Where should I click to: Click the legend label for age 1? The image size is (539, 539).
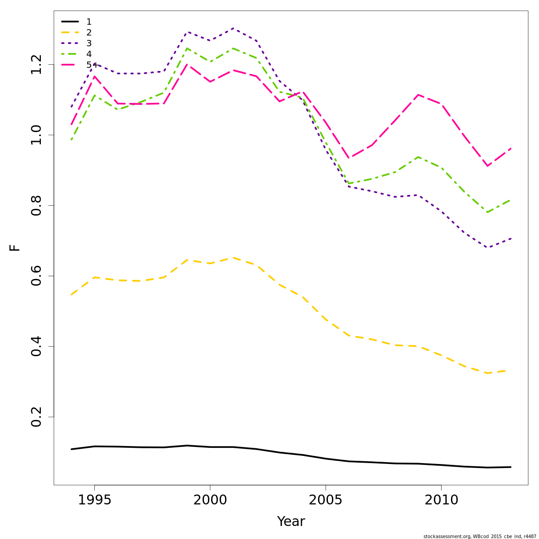click(89, 22)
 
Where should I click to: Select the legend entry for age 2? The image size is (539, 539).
click(89, 32)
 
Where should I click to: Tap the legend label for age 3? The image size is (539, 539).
click(89, 43)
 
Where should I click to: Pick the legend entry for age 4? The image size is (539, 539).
click(89, 54)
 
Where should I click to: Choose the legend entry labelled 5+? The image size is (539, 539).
click(91, 65)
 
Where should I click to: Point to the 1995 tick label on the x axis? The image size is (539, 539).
click(94, 500)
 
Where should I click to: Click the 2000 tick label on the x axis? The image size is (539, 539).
click(210, 500)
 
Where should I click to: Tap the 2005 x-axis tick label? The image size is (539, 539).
click(326, 500)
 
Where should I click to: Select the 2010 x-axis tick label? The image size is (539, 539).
click(441, 500)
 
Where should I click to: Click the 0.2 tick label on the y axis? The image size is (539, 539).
click(37, 417)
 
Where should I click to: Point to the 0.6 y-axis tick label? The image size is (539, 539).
click(37, 276)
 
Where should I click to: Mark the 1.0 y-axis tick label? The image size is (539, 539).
click(37, 135)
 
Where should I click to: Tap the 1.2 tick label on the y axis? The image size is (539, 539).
click(37, 64)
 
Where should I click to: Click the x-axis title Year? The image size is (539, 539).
click(291, 521)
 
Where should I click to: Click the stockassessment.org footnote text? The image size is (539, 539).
click(479, 536)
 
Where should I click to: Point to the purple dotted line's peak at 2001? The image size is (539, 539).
click(233, 28)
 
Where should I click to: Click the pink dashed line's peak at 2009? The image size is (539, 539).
click(418, 95)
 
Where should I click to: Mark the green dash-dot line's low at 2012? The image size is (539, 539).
click(487, 212)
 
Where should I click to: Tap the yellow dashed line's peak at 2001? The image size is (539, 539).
click(233, 257)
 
